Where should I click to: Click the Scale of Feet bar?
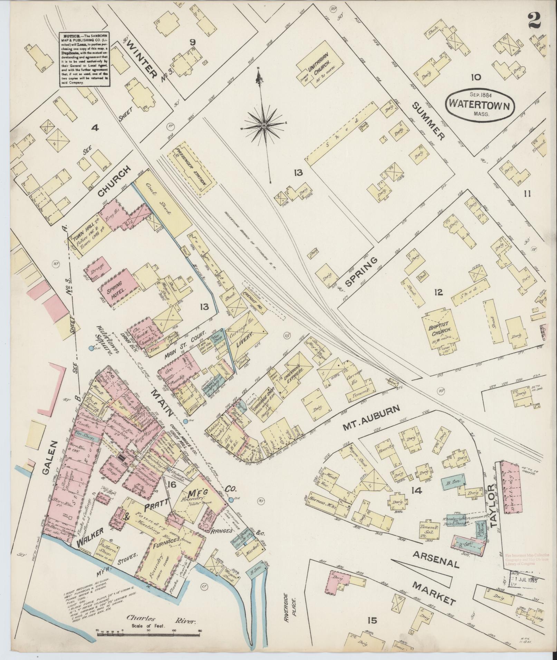click(148, 634)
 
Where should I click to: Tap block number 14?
click(416, 490)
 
